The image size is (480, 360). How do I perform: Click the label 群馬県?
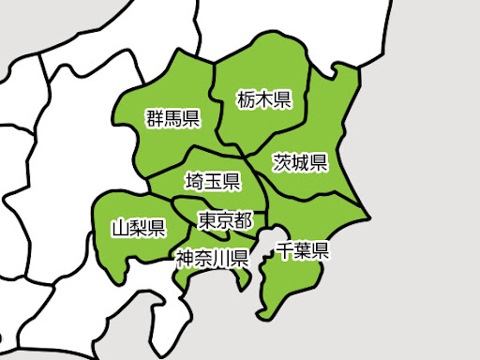(172, 118)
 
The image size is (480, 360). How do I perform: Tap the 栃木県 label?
(263, 97)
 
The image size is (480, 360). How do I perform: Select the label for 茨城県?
(300, 162)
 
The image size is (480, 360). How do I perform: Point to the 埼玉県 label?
(213, 180)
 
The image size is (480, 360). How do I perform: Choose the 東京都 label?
(226, 220)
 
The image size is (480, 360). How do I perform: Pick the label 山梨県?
(138, 228)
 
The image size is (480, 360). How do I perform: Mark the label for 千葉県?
(302, 249)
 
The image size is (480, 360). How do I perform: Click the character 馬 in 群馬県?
(172, 118)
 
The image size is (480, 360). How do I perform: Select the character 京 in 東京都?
(226, 220)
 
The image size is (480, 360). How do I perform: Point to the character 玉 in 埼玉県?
(213, 180)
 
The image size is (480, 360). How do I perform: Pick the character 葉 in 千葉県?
(302, 249)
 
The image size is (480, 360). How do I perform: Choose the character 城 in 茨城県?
(300, 162)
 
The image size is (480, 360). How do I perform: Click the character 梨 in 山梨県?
(138, 228)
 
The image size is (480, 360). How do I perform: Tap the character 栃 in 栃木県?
(246, 97)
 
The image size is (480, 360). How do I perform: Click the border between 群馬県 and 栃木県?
(217, 103)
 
